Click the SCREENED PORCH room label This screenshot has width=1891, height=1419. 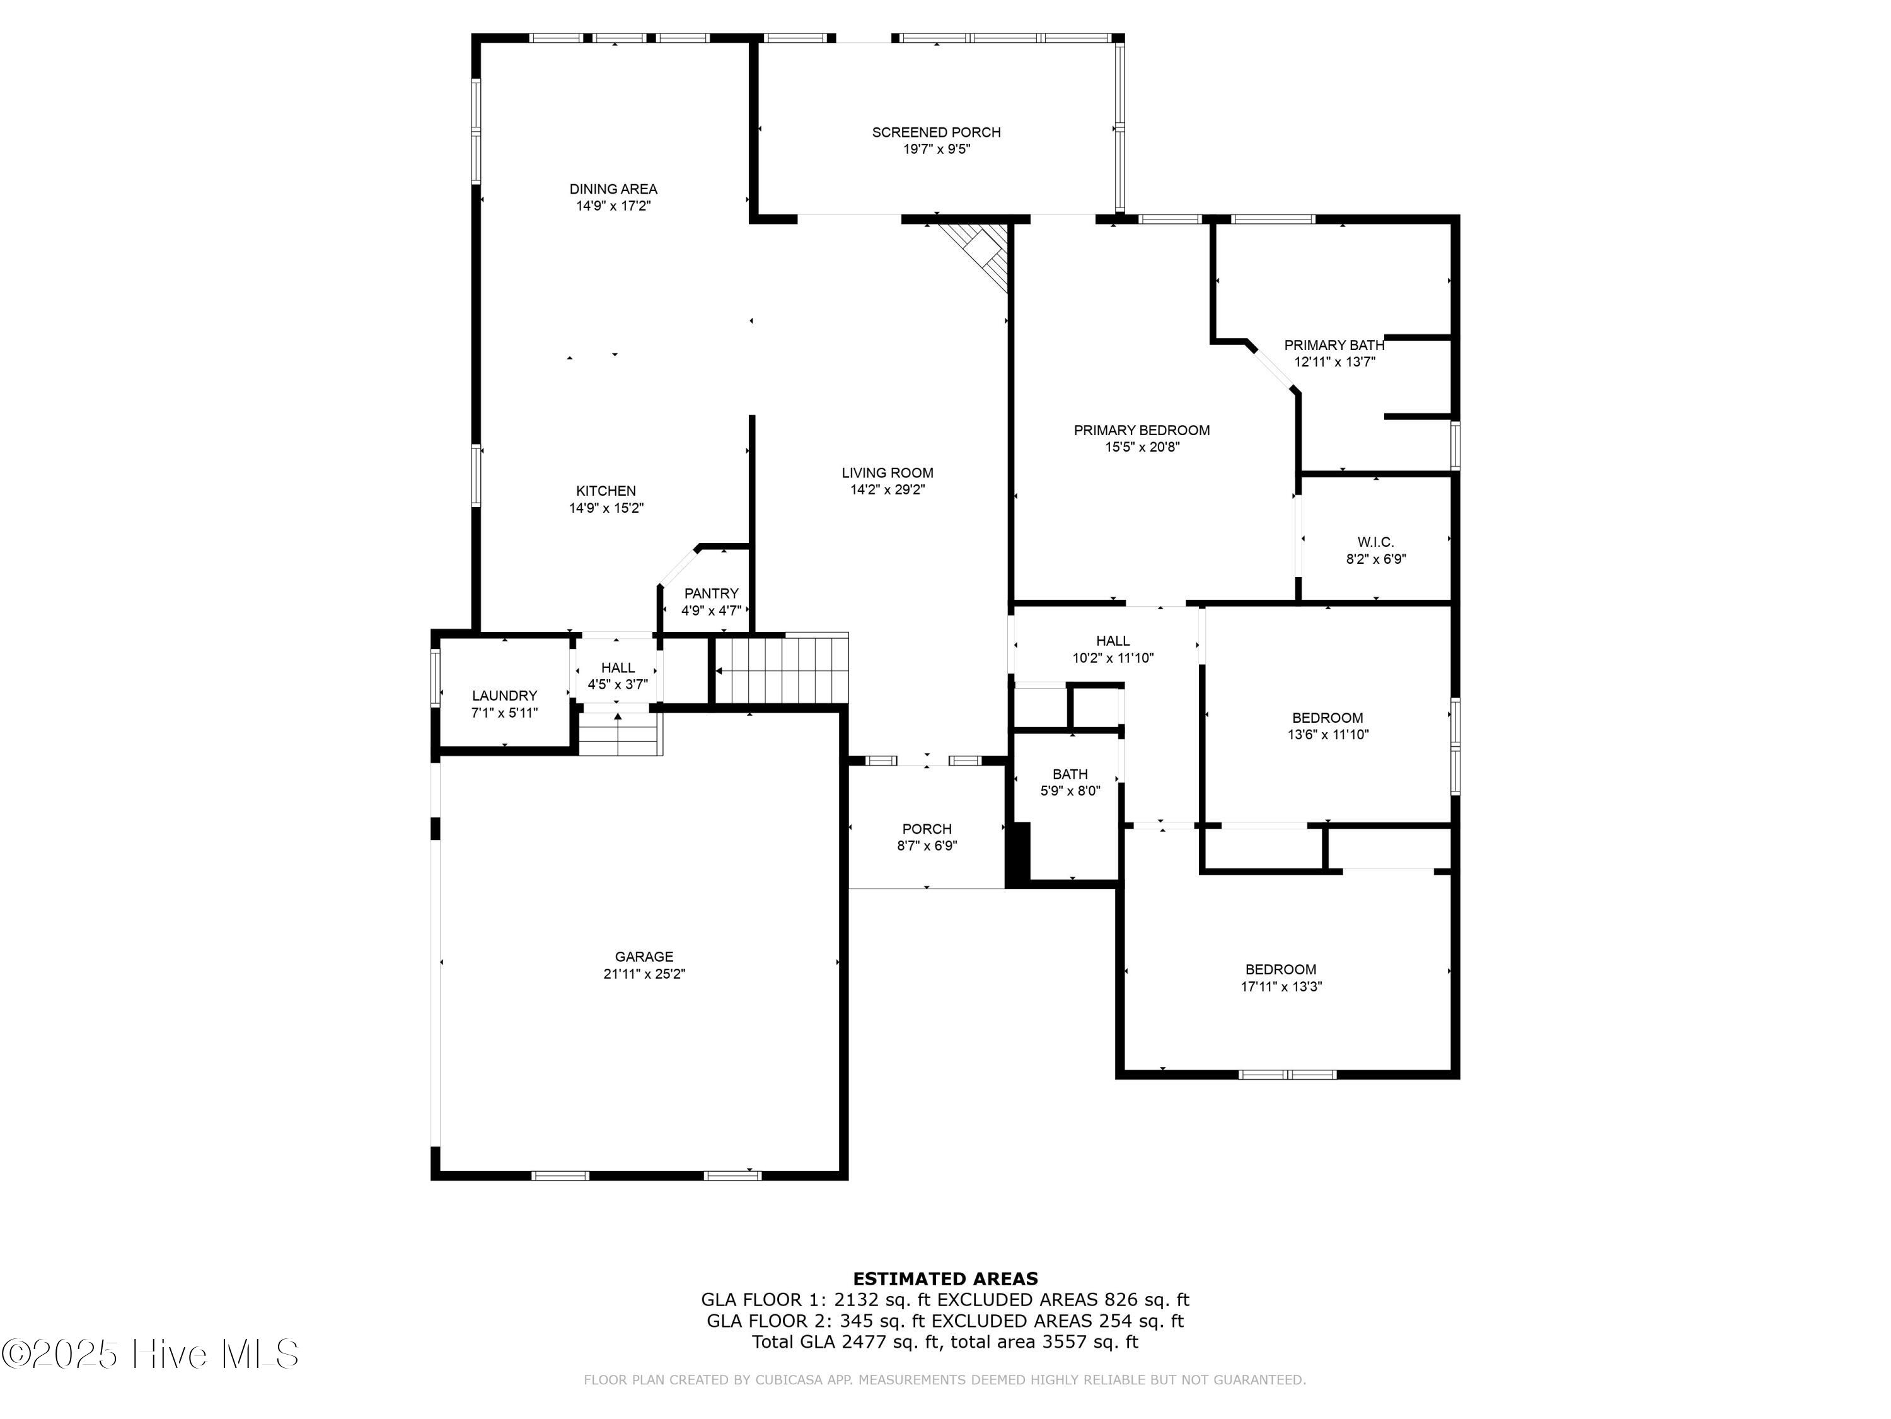936,132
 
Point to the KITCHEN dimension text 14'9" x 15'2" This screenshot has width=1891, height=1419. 606,508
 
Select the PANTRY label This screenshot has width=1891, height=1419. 711,593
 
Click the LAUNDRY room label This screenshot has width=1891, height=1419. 504,696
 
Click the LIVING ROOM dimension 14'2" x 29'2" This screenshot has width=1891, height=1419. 888,490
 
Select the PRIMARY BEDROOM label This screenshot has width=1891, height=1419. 1142,430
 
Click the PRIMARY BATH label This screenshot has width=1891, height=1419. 1334,346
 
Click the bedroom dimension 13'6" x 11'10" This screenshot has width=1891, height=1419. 1327,735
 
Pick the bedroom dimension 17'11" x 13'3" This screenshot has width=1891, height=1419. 1281,986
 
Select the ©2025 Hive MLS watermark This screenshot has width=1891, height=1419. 151,1354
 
